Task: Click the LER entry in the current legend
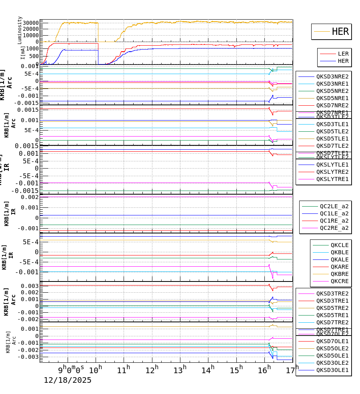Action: (343, 54)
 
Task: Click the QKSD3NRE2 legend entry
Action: (332, 76)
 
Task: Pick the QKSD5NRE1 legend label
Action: (332, 98)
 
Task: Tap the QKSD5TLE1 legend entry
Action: (332, 139)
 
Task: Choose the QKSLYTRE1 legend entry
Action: (332, 179)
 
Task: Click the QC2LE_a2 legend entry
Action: (334, 206)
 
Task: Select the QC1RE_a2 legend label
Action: (334, 221)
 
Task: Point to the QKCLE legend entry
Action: (339, 245)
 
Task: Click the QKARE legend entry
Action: (339, 267)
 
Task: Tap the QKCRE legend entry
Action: (339, 281)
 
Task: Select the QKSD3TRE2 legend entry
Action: (332, 293)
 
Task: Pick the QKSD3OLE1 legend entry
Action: (332, 370)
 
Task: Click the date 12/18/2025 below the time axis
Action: (68, 380)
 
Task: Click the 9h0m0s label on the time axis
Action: (71, 369)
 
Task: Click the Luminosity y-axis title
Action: (20, 30)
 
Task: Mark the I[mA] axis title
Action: (23, 52)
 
